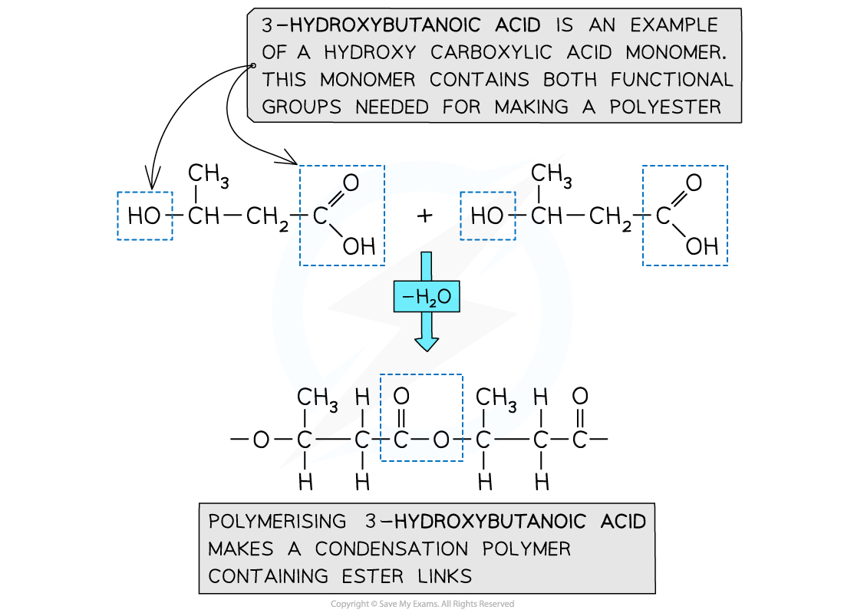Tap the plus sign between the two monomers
point(424,216)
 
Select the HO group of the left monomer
point(144,216)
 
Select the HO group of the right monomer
point(487,216)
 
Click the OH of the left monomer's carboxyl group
point(358,246)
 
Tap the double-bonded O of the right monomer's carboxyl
point(694,183)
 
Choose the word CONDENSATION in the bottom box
point(391,549)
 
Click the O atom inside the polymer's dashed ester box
point(440,440)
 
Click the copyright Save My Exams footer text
point(422,605)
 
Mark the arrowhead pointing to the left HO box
point(151,183)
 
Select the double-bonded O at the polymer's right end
point(581,397)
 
